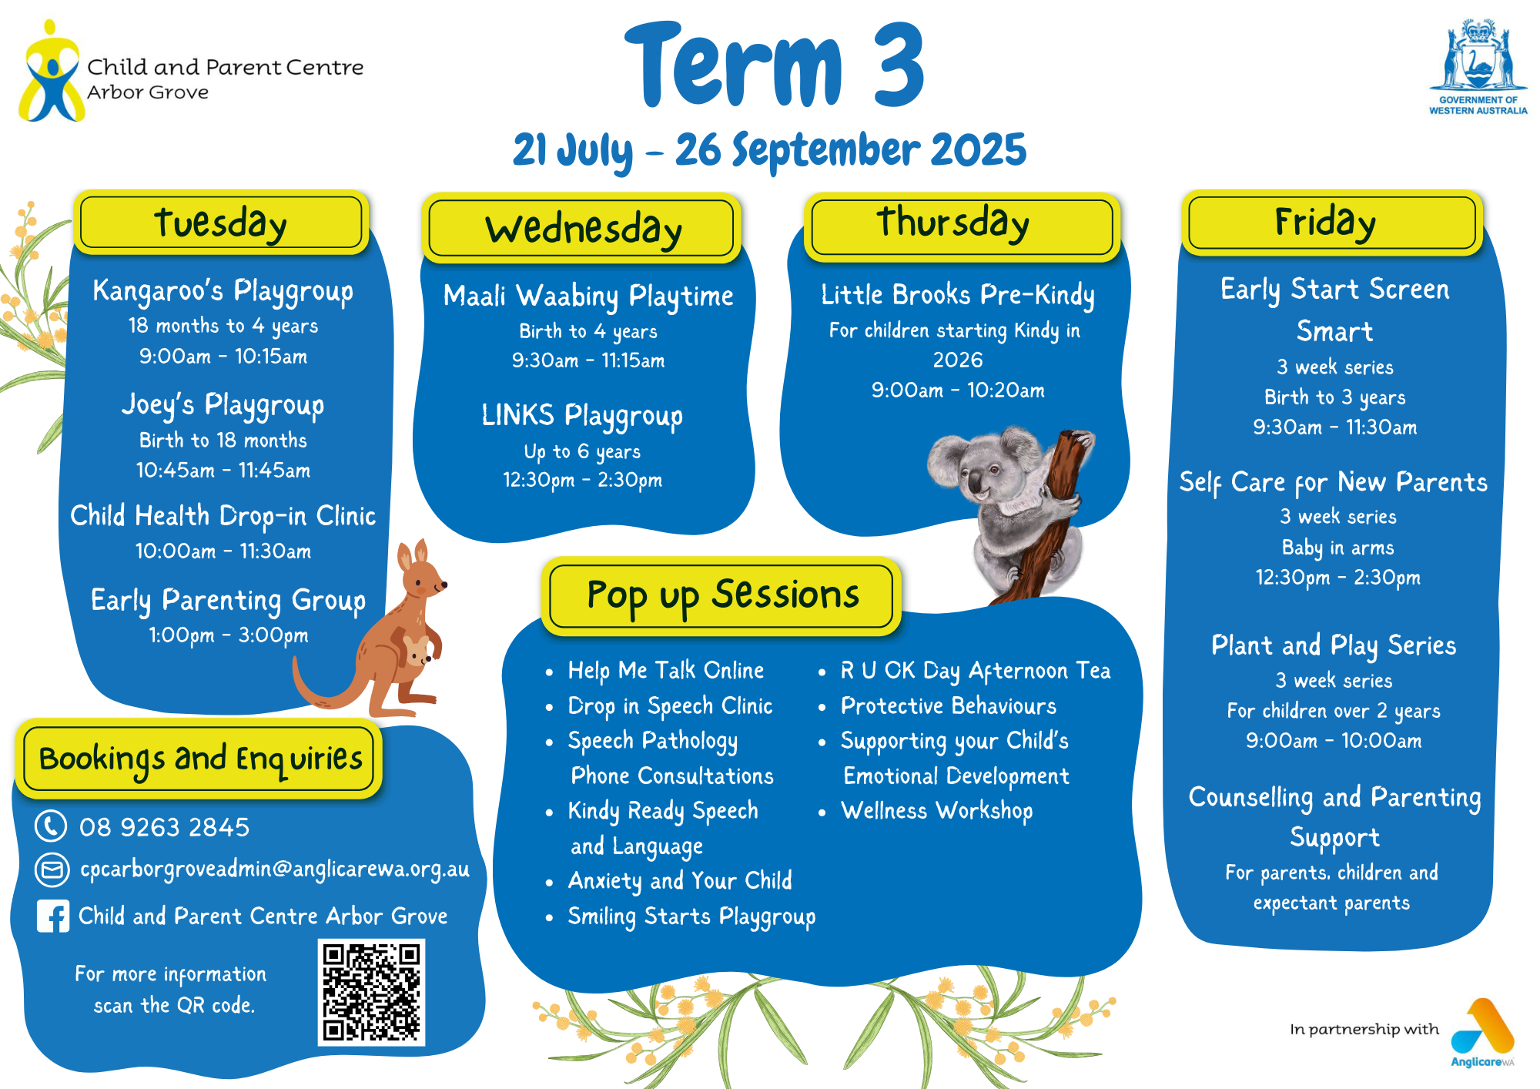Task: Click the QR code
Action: (x=371, y=992)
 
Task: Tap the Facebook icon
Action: (x=53, y=916)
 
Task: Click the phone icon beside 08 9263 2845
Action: (x=51, y=826)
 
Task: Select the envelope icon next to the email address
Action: (x=52, y=870)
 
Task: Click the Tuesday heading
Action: (x=221, y=223)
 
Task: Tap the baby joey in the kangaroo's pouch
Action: (x=417, y=652)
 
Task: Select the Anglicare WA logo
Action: (x=1482, y=1032)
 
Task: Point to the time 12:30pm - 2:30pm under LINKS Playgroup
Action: (x=583, y=481)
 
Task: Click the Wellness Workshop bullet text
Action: (x=936, y=811)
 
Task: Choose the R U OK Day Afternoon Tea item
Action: (x=975, y=671)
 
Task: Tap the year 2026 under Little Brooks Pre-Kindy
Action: (x=958, y=360)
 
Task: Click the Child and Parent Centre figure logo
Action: (x=51, y=71)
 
